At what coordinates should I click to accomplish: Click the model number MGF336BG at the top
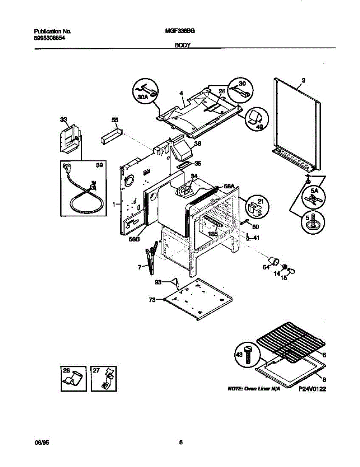tap(177, 31)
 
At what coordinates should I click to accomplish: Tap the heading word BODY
tap(182, 46)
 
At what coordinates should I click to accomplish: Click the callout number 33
tap(63, 120)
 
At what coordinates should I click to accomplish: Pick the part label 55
tap(114, 120)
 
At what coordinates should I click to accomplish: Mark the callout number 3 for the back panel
tap(304, 80)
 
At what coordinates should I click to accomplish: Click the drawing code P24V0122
tap(312, 388)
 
